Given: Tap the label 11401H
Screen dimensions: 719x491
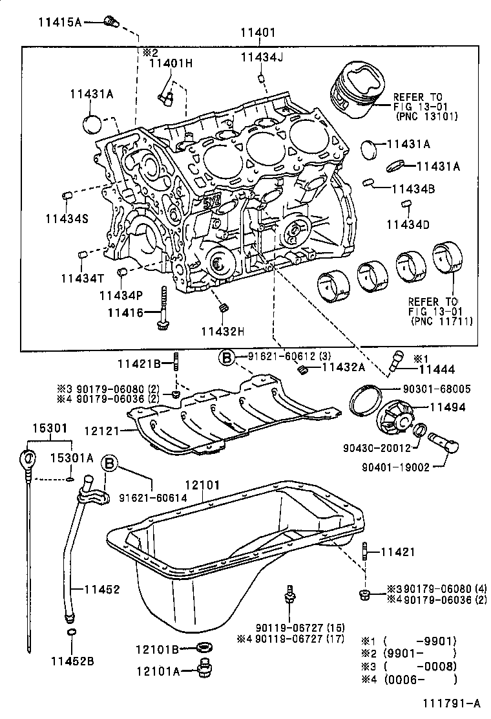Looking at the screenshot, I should [171, 63].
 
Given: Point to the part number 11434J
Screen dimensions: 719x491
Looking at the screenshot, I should [262, 58].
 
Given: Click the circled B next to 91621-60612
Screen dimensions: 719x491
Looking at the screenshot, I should [225, 356].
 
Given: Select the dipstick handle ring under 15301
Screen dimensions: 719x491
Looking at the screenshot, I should [26, 460].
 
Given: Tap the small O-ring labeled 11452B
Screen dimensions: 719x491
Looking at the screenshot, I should [72, 632].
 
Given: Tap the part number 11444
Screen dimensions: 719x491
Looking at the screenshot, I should [437, 370].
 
